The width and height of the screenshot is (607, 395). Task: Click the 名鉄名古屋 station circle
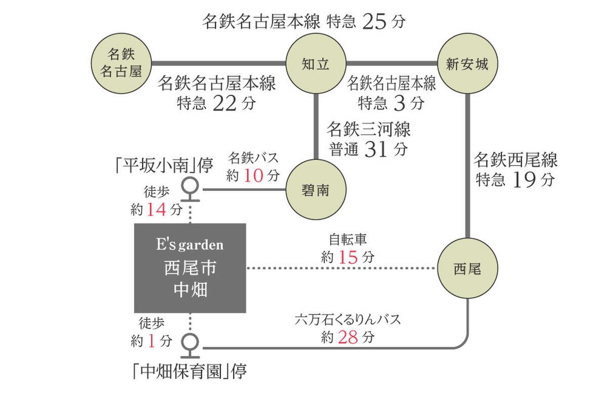(x=121, y=63)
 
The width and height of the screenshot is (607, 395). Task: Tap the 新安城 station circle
(x=467, y=64)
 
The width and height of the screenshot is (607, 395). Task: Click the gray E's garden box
(x=190, y=268)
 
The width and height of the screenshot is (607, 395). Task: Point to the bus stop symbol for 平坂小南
(x=190, y=188)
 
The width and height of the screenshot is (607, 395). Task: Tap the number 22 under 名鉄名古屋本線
(x=224, y=103)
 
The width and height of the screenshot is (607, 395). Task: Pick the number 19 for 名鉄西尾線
(x=523, y=180)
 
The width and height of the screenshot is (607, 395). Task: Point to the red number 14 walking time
(x=157, y=208)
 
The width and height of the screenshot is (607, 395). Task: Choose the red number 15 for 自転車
(x=349, y=257)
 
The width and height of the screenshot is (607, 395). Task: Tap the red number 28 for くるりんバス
(x=349, y=338)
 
